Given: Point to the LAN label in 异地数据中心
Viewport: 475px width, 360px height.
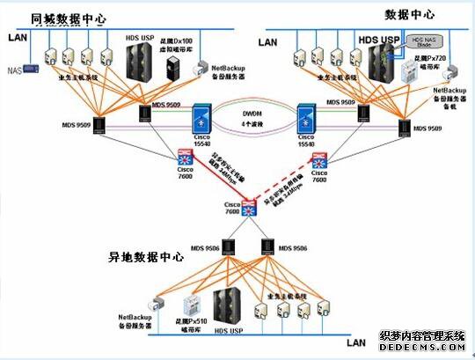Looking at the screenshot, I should pos(356,342).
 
